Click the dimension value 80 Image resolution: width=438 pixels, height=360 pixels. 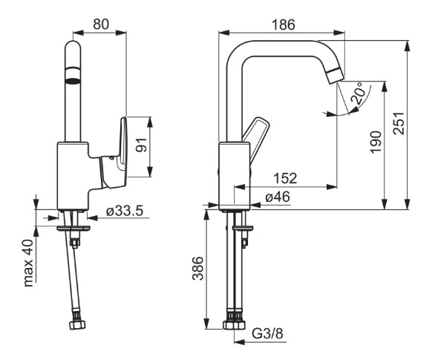pos(100,24)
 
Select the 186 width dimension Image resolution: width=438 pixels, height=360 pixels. pos(284,24)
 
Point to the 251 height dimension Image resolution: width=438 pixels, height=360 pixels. pos(399,123)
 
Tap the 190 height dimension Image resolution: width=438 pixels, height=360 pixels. pos(376,142)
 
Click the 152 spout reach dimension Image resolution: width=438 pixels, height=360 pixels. pos(285,178)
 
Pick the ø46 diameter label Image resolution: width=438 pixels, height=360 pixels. pos(278,197)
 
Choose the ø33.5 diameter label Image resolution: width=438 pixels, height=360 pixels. pos(125,211)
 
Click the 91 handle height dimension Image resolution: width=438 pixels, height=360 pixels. pos(141,145)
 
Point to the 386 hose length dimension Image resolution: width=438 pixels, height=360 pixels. pos(197,268)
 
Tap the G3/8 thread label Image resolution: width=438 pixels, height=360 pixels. pos(267,333)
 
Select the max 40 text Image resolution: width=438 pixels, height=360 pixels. pos(28,263)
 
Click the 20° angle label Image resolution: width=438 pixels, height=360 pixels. pos(359,93)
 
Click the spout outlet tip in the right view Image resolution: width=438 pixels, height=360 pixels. pos(336,75)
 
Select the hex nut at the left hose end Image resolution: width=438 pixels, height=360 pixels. pos(77,324)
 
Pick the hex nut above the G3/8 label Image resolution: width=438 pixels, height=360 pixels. pos(234,324)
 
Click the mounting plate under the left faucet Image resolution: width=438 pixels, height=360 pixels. pos(73,228)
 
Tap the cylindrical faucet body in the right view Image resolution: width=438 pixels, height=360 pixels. pos(235,176)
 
